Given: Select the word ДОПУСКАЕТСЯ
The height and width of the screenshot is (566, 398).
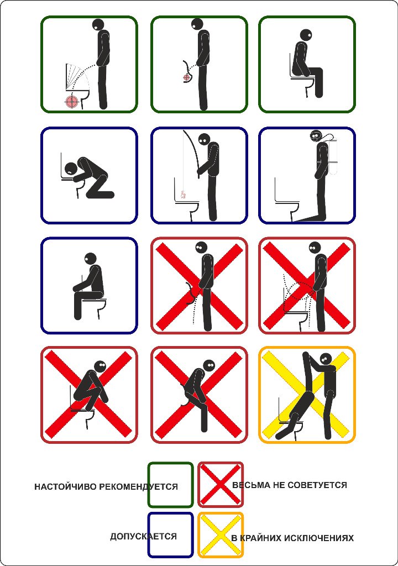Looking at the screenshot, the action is (143, 536).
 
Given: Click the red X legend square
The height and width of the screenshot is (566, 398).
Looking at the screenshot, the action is (221, 485).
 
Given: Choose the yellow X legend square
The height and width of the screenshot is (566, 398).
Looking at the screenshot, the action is (221, 535).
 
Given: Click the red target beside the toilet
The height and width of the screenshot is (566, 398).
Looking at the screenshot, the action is (72, 102).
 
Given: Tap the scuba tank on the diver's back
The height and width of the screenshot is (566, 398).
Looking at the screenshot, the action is (333, 155).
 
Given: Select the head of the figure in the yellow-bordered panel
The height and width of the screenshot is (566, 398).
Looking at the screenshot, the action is (326, 359).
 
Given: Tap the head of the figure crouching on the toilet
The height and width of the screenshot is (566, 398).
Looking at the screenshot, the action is (101, 367).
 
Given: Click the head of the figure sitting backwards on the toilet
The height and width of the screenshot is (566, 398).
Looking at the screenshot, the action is (90, 259).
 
